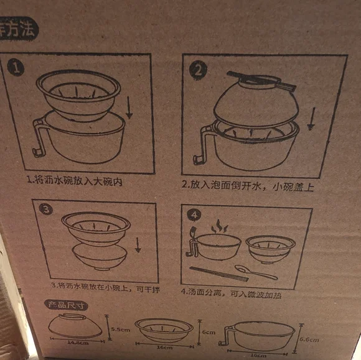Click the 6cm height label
(x=209, y=333)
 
